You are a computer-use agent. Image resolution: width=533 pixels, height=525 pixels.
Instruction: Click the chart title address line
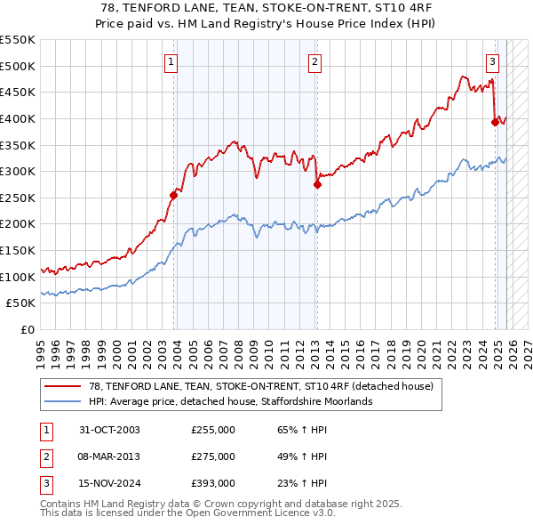(266, 7)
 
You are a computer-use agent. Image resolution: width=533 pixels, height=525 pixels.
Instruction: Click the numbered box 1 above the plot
(171, 61)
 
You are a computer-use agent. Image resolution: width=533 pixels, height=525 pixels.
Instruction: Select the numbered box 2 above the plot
(315, 61)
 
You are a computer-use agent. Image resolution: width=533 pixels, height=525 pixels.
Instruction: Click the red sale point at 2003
(173, 196)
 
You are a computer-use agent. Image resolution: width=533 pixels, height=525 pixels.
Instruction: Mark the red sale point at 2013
(316, 185)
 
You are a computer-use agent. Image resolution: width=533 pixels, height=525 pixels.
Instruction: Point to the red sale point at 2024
(495, 123)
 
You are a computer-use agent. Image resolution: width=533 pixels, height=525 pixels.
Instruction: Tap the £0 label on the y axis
(27, 329)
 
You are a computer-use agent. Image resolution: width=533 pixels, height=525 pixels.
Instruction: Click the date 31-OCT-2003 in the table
(109, 431)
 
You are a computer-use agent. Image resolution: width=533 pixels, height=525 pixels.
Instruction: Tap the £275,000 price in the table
(213, 456)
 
